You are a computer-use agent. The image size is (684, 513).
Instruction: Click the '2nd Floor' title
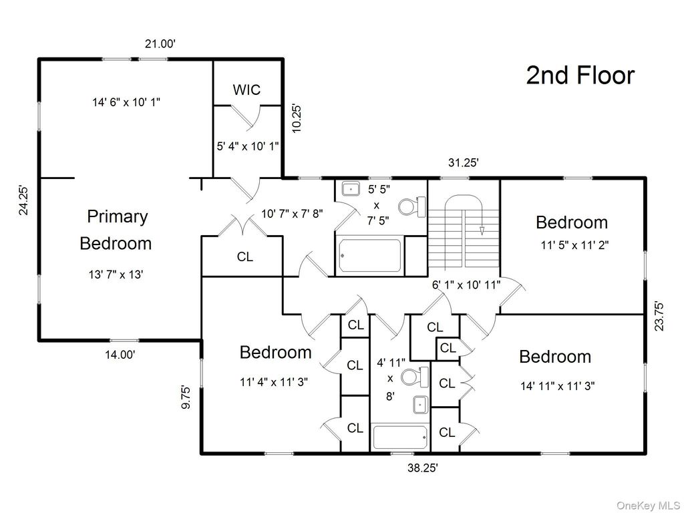click(x=580, y=75)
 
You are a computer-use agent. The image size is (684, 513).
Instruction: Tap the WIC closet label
click(x=246, y=90)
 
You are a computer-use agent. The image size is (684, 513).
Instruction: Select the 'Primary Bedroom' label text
click(x=116, y=230)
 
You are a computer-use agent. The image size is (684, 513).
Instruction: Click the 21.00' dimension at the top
click(x=160, y=44)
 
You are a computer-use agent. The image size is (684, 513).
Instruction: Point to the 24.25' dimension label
click(x=24, y=200)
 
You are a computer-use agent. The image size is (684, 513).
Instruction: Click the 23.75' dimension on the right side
click(x=660, y=315)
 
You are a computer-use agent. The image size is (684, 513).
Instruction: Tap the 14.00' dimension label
click(x=120, y=355)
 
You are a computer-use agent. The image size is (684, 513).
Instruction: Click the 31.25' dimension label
click(x=462, y=162)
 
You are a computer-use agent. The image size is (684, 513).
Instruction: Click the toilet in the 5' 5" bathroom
click(x=419, y=206)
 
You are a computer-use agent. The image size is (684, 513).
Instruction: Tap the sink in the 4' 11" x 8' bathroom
click(x=421, y=404)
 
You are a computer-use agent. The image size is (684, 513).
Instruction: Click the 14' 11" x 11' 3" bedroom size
click(x=558, y=385)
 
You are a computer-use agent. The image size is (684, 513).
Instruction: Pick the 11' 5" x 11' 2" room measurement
click(x=574, y=245)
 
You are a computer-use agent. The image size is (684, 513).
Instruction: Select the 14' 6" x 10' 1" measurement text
click(x=126, y=102)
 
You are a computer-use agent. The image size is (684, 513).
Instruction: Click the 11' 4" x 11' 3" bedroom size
click(x=274, y=383)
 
